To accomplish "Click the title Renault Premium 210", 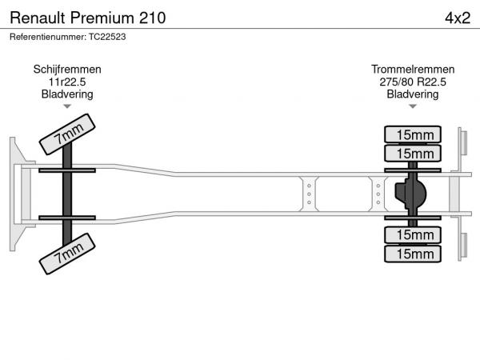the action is tap(88, 18).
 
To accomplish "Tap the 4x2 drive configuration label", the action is tap(458, 18).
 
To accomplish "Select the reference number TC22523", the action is tap(107, 37).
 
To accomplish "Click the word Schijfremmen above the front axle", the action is tap(67, 70).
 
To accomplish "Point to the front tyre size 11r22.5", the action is tap(67, 82).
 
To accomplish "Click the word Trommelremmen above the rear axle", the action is tap(413, 70).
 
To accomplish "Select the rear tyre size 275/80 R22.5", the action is tap(413, 82).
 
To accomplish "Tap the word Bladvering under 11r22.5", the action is tap(67, 94).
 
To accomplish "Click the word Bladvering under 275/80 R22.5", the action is tap(413, 94).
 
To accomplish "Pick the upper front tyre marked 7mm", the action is tap(67, 134).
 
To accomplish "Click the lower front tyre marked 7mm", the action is tap(67, 254).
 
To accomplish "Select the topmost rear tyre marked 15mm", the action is tap(413, 134).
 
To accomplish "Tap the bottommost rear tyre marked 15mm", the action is tap(413, 254).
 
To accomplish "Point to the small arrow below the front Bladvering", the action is tap(67, 106).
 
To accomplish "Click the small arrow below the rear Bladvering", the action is tap(413, 106).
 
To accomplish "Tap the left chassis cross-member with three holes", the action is tap(309, 194).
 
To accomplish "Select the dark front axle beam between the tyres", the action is tap(67, 194).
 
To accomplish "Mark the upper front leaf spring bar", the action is tap(67, 170).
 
